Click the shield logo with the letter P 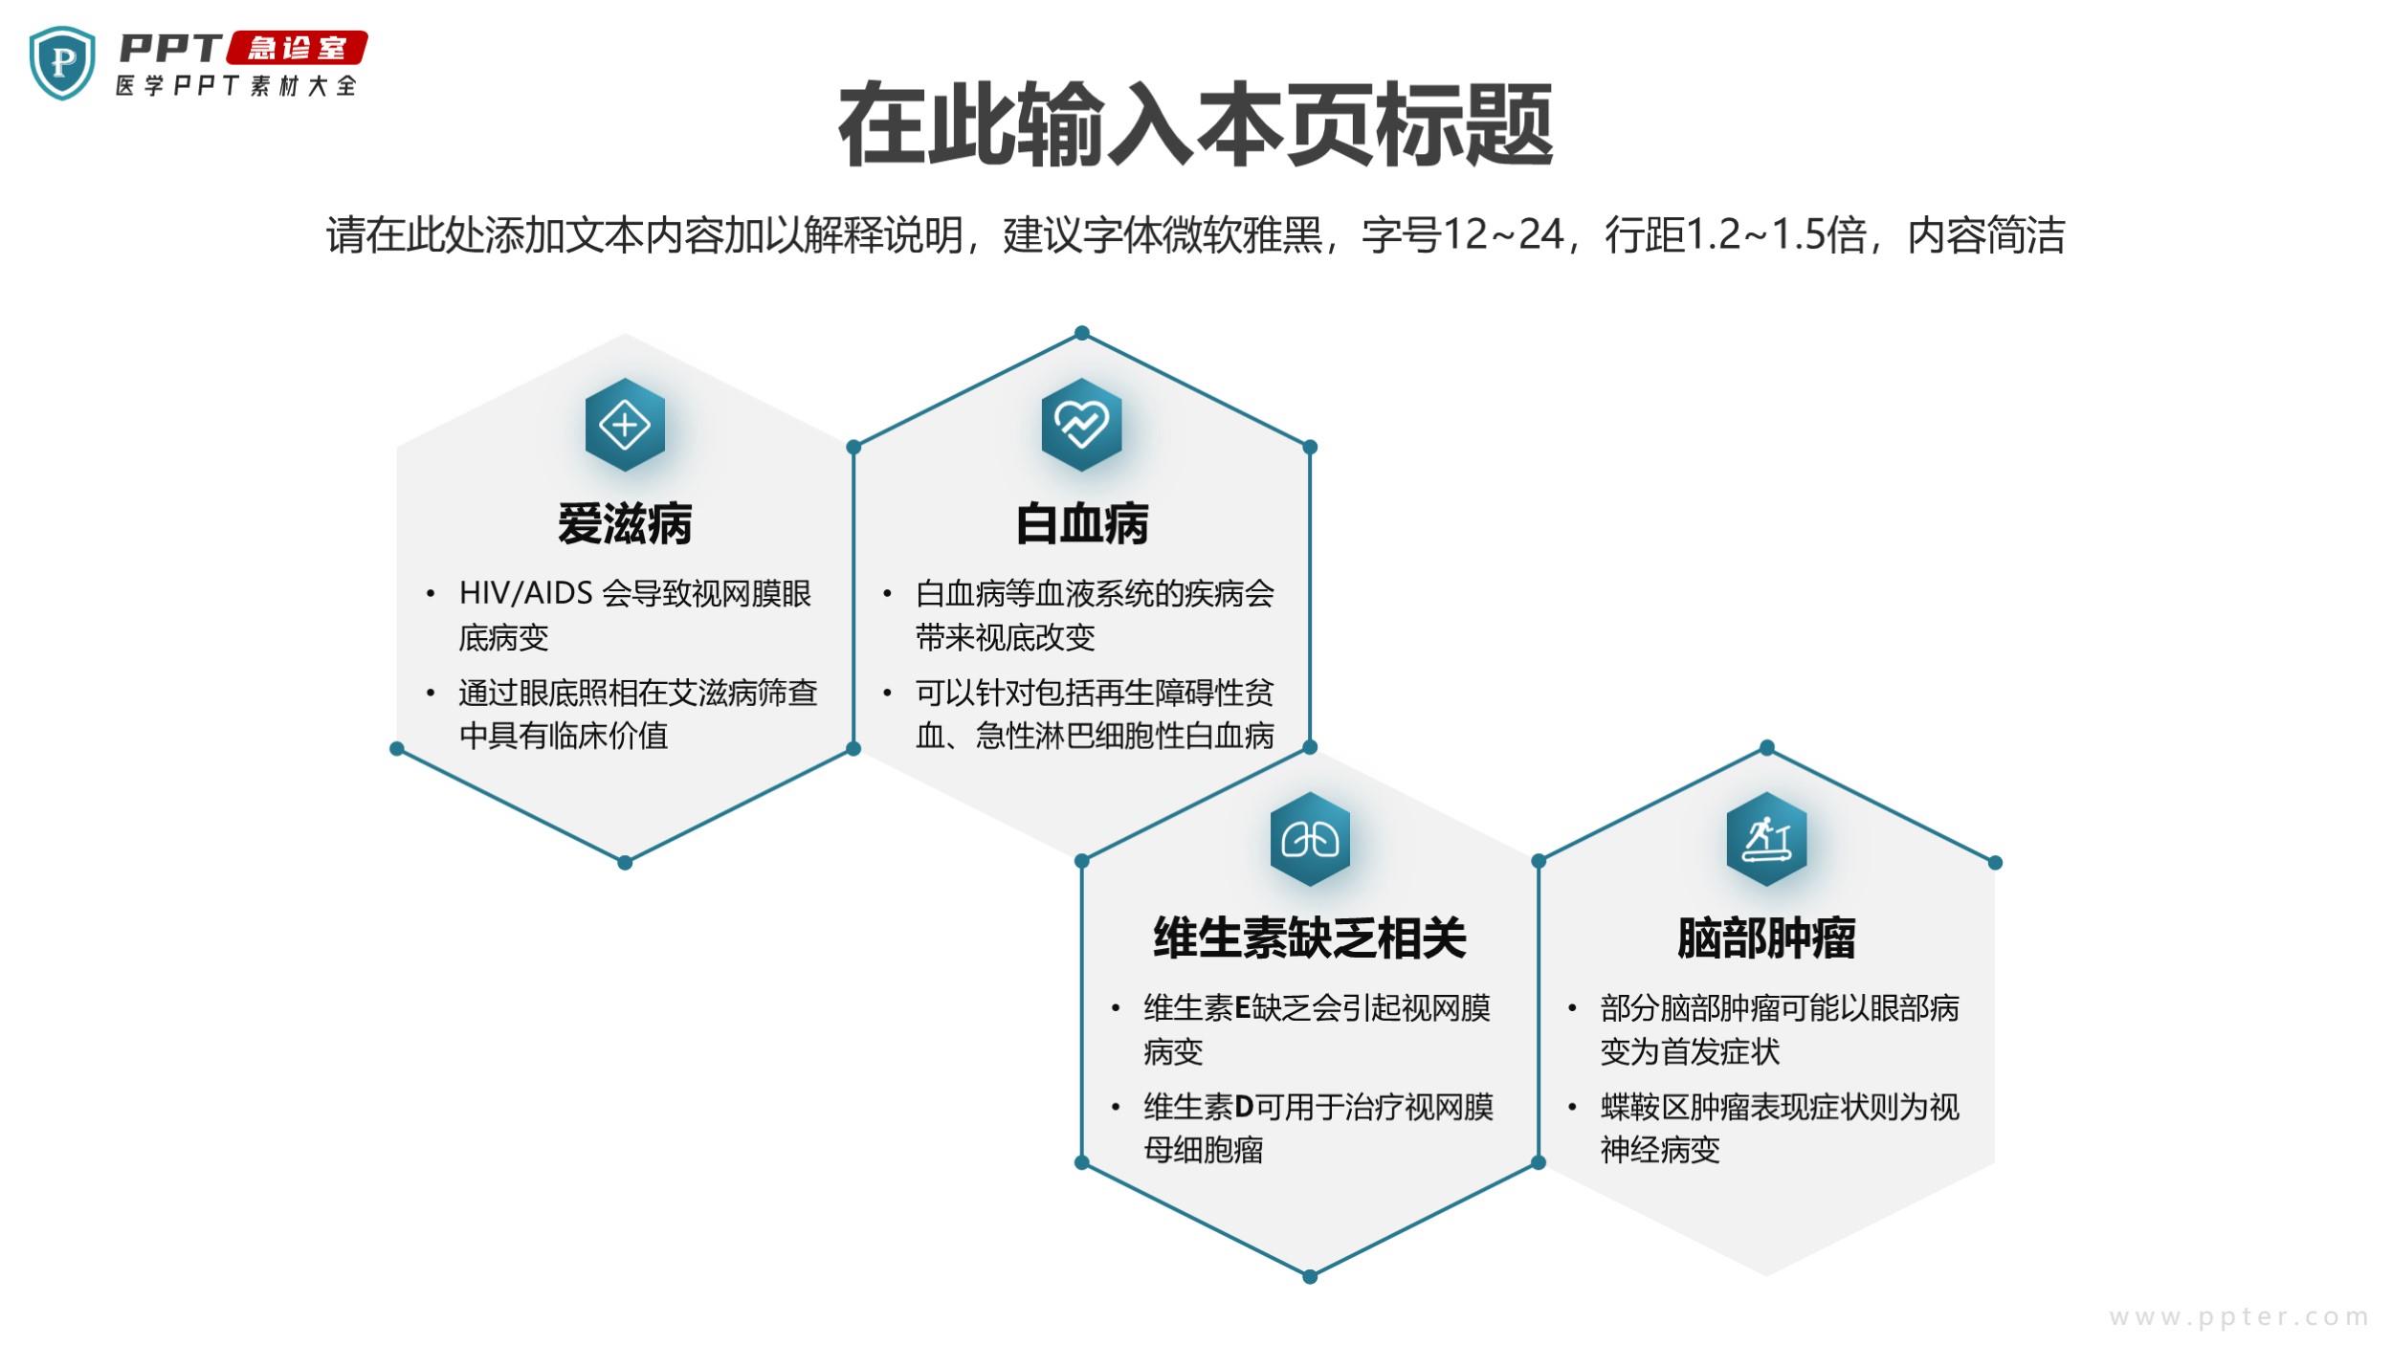(62, 63)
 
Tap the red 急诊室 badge (298, 48)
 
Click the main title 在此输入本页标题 (1195, 125)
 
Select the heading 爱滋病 (625, 524)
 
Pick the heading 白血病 (1082, 524)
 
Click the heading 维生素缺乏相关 (1310, 937)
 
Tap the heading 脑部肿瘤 (1766, 937)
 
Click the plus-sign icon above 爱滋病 (625, 425)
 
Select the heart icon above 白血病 (1082, 425)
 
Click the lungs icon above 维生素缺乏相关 (1310, 840)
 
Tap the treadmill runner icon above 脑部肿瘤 (1766, 840)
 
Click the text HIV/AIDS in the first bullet (526, 593)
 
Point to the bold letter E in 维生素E (1243, 1008)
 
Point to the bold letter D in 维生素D (1244, 1107)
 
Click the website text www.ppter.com (2238, 1317)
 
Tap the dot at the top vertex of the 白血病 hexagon (1082, 333)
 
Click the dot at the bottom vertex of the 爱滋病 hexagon (625, 863)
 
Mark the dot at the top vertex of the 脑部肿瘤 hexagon (1767, 747)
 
